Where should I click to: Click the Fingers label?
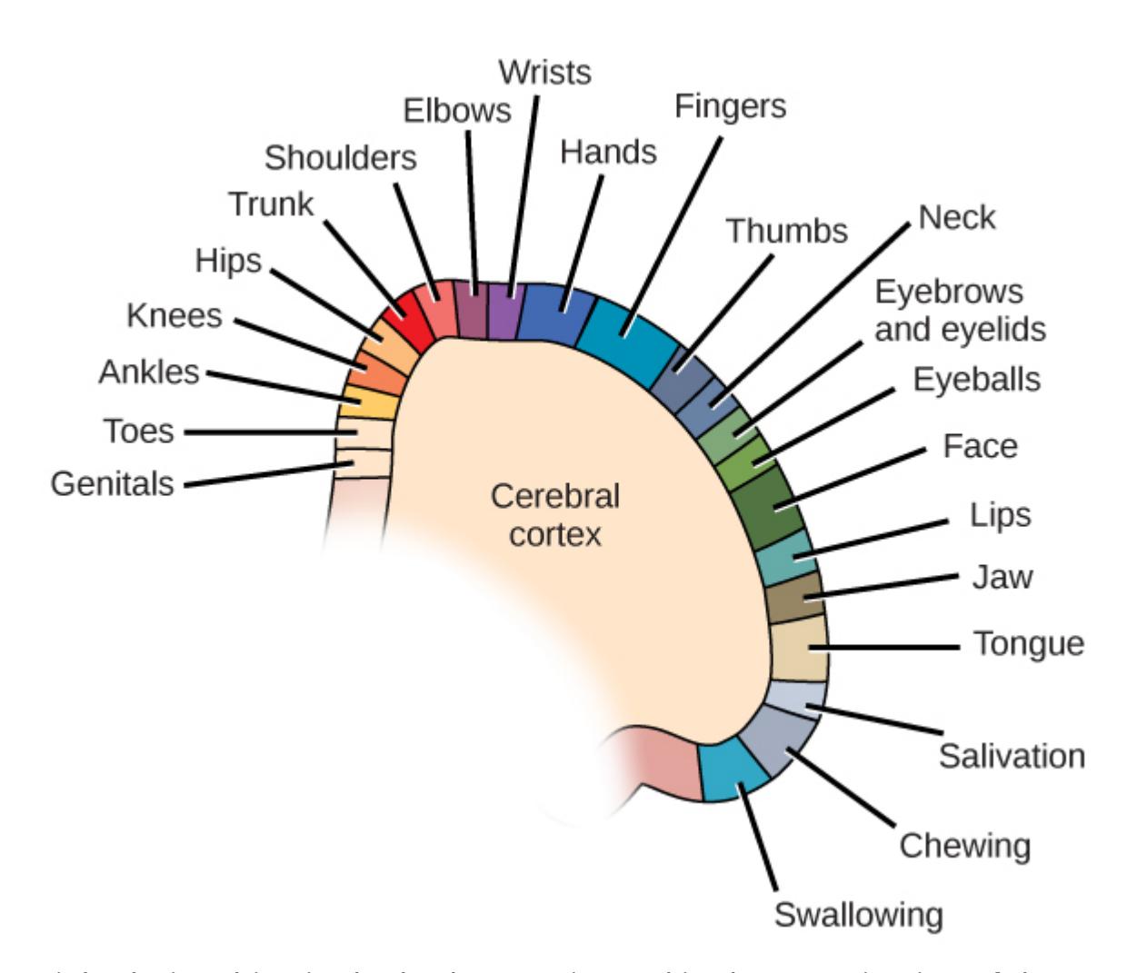tap(730, 106)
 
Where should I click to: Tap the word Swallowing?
tap(858, 914)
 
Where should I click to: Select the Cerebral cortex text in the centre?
tap(554, 514)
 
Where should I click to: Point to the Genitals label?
tap(112, 483)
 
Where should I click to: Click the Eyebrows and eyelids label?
tap(959, 310)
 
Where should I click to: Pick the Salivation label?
tap(1012, 756)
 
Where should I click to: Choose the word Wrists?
tap(545, 72)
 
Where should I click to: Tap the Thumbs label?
tap(786, 231)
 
